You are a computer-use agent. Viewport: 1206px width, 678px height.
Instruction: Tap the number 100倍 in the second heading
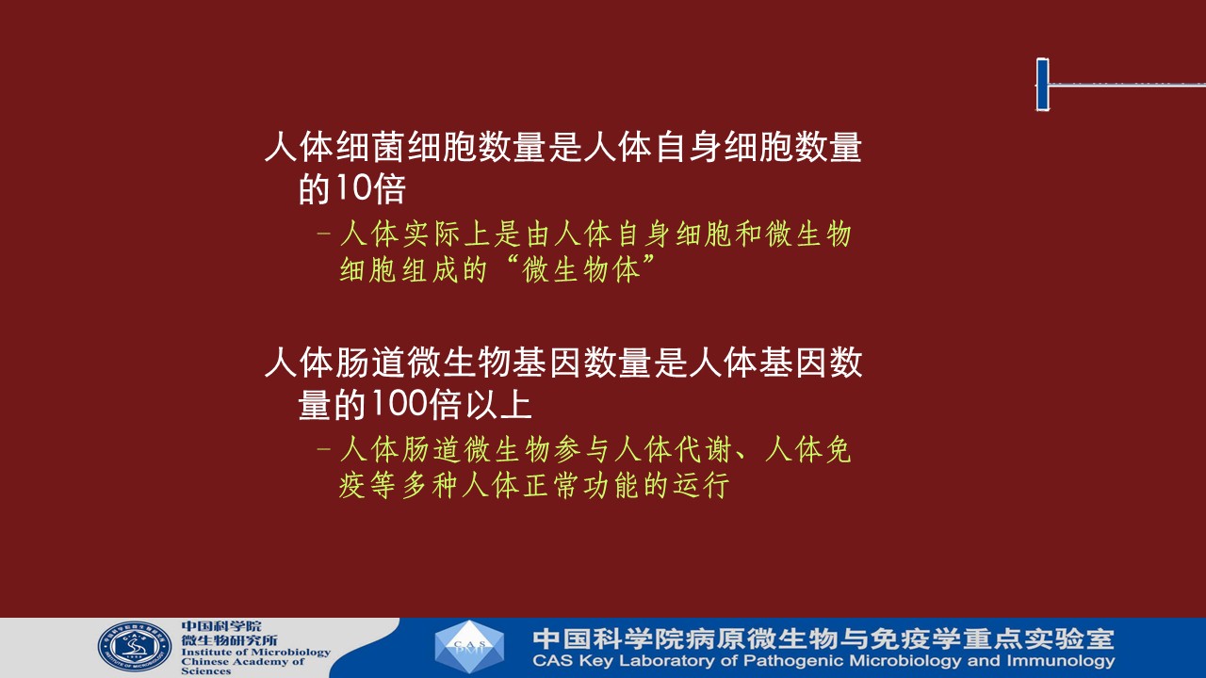[x=416, y=404]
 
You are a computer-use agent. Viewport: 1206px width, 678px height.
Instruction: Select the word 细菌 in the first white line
[x=370, y=147]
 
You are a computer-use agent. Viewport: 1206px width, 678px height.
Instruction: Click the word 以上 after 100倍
[x=498, y=404]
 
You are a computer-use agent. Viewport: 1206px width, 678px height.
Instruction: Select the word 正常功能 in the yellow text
[x=581, y=485]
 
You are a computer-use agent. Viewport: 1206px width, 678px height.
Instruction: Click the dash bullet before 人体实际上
[x=323, y=234]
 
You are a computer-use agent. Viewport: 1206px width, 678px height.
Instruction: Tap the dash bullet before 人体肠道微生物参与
[x=323, y=449]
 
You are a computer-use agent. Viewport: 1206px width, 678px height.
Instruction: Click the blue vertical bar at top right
[x=1043, y=85]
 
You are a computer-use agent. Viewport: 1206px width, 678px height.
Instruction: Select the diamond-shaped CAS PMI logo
[x=469, y=647]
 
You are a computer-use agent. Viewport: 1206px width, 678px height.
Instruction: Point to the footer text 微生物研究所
[x=229, y=639]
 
